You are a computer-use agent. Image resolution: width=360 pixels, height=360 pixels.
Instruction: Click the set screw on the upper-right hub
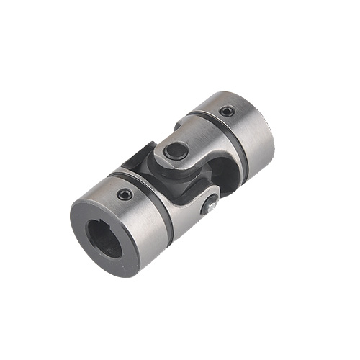[x=228, y=111]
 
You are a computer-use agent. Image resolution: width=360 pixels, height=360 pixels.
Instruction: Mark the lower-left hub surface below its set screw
[x=133, y=223]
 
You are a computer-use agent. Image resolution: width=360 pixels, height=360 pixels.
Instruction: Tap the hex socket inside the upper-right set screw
[x=228, y=111]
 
